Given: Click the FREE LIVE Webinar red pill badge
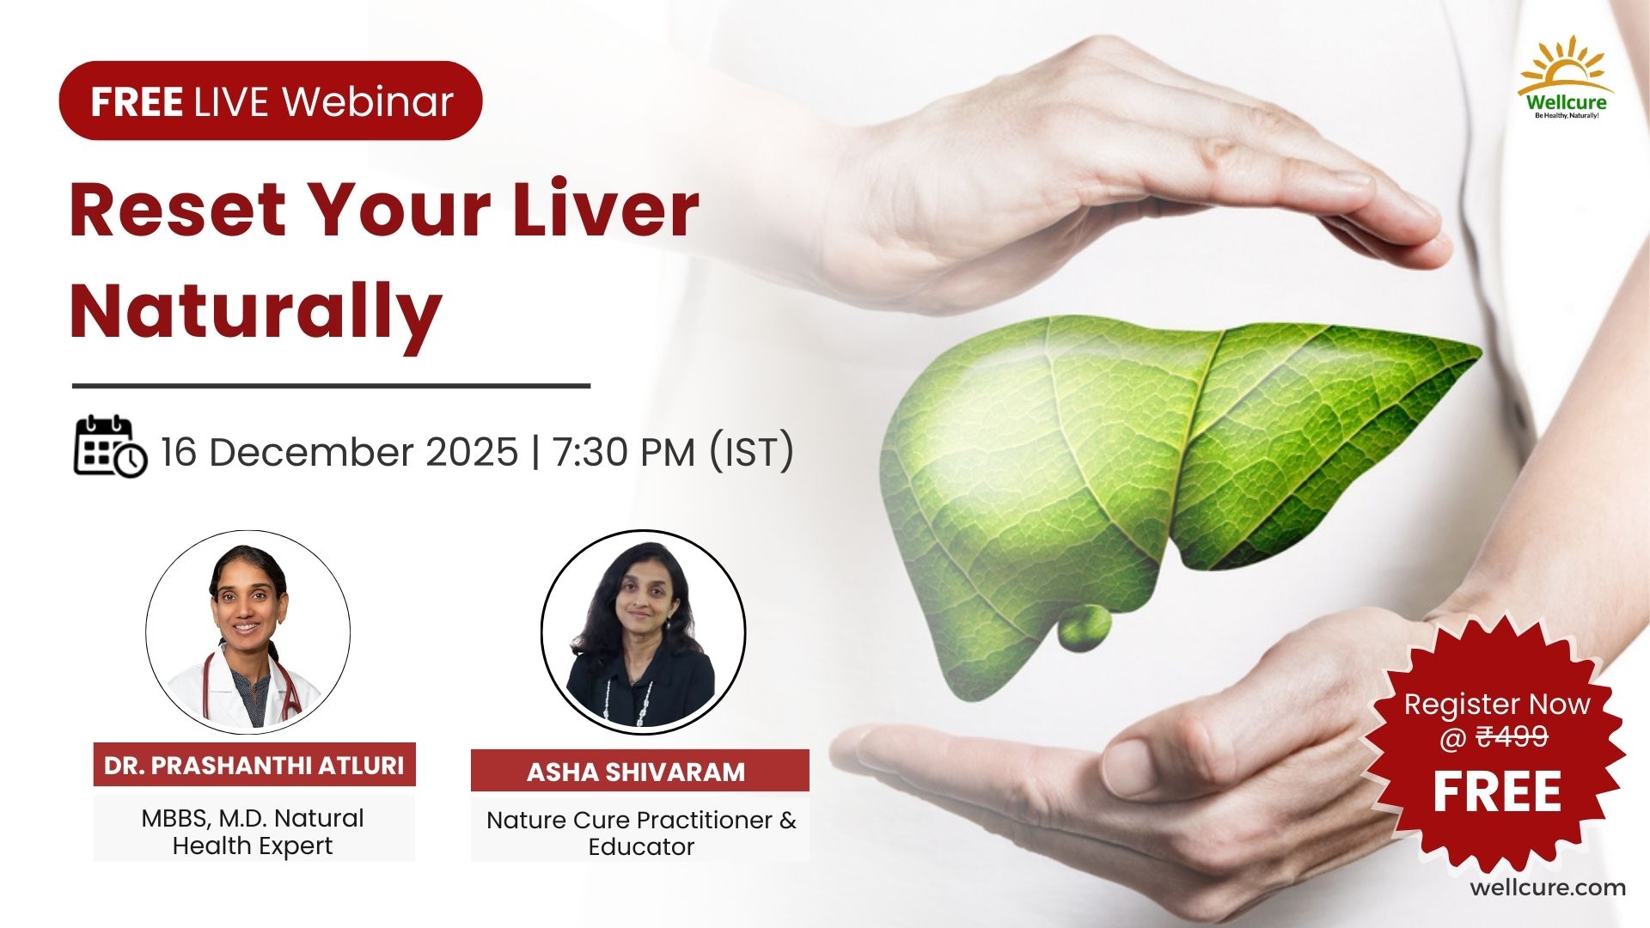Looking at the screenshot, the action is coord(271,101).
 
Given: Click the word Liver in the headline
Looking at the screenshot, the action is coord(605,210).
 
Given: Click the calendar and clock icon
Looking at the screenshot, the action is coord(110,447).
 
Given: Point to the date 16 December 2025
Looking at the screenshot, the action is coord(339,452).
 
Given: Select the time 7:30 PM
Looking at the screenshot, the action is coord(624,452).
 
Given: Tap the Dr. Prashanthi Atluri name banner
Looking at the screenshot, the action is coord(254,765).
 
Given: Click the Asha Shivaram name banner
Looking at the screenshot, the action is coord(639,771).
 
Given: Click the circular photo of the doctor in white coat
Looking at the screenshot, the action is coord(247,632).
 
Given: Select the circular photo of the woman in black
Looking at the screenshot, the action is coord(643,632).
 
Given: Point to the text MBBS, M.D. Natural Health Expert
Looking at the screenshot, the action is coord(253,831).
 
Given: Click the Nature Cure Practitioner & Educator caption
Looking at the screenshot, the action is coord(641,833).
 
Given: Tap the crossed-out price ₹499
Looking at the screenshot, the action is coord(1512,736).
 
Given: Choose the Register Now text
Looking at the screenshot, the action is coord(1497,704).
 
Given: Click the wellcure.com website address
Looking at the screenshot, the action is coord(1548,888).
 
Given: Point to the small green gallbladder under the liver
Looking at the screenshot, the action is coord(1084,626).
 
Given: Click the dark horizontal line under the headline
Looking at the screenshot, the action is coord(331,386).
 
